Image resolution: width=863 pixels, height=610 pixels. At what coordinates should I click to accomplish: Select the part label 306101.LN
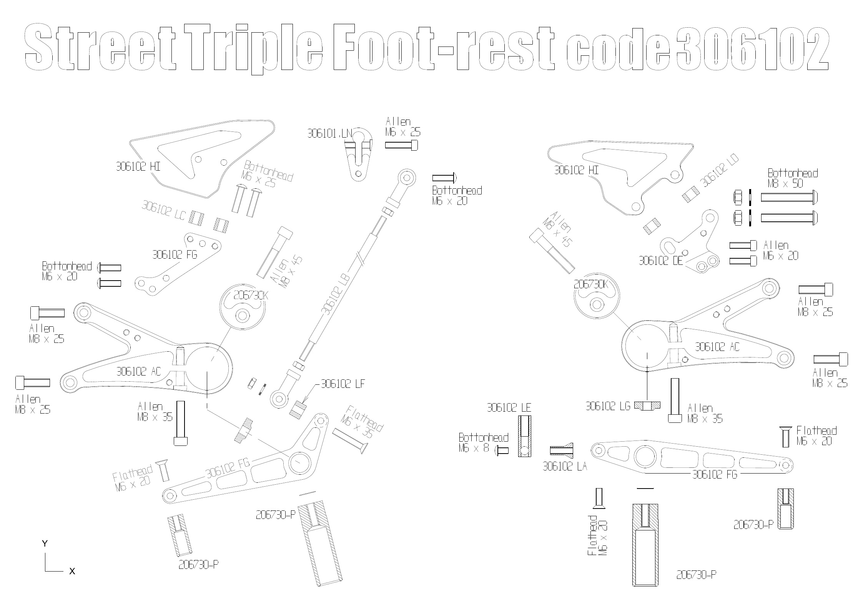click(329, 133)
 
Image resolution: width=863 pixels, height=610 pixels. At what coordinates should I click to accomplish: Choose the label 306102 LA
click(565, 466)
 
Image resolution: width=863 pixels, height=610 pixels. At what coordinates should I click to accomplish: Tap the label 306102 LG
click(608, 406)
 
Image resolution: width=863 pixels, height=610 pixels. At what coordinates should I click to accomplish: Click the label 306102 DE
click(661, 261)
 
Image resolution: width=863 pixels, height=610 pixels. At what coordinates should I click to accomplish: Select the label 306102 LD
click(719, 171)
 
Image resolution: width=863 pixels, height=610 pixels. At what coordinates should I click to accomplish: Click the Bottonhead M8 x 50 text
click(793, 178)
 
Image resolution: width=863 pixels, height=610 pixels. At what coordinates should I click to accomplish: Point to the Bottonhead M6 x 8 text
click(484, 442)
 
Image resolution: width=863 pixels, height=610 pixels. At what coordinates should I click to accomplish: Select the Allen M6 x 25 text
click(403, 127)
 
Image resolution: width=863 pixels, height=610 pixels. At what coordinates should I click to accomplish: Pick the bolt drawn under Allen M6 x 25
click(401, 145)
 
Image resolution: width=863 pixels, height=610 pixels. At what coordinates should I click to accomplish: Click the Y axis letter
click(45, 544)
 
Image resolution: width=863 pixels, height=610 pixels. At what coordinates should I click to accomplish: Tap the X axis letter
click(72, 571)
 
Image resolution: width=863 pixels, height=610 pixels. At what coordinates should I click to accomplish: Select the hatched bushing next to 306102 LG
click(647, 406)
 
